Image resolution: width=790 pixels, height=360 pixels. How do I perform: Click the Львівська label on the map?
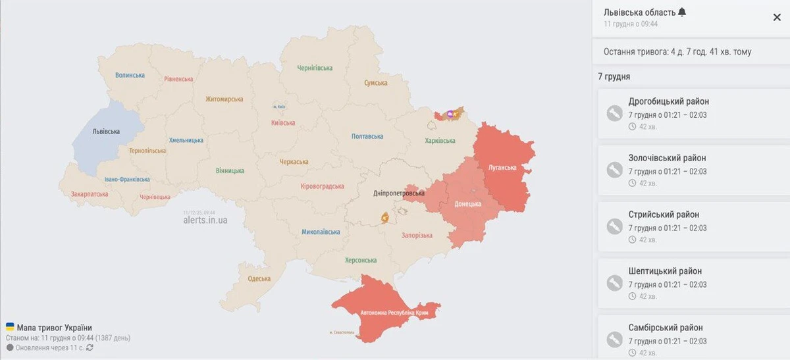click(107, 131)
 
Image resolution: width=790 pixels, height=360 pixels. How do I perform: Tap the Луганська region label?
click(502, 167)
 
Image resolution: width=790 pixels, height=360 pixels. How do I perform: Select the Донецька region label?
click(468, 204)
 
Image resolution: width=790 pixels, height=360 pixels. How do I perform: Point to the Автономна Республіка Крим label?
click(394, 313)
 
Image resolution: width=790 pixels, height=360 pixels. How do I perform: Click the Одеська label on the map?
click(259, 278)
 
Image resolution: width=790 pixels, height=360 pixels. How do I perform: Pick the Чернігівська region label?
click(315, 68)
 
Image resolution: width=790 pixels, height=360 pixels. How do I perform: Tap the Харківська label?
click(440, 141)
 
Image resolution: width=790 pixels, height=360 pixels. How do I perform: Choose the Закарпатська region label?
click(90, 194)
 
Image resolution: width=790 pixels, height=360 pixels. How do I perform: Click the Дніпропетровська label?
click(399, 193)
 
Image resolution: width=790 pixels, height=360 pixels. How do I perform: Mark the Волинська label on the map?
click(130, 75)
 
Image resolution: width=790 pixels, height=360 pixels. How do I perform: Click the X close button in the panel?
click(777, 18)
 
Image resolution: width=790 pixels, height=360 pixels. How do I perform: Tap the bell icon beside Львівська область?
click(681, 13)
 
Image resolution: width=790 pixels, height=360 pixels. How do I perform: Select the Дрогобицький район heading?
click(668, 101)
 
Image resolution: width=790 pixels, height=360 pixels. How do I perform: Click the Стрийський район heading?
click(664, 215)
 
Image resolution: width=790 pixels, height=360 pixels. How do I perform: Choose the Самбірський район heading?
click(665, 328)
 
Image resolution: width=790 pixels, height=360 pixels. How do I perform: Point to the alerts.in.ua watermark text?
click(205, 220)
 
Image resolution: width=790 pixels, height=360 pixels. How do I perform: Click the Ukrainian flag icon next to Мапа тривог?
click(10, 327)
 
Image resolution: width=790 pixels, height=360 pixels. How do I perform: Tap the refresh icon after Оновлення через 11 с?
click(90, 347)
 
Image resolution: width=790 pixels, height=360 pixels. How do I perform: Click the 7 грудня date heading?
click(614, 76)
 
